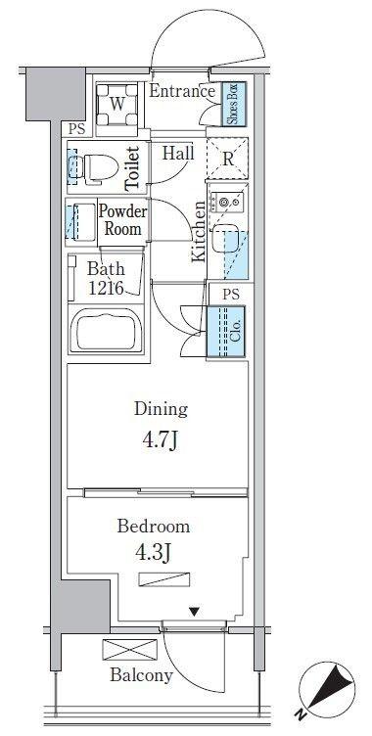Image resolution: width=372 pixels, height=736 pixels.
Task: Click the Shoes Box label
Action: (x=234, y=104)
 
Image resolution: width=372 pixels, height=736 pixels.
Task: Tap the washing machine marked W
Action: (x=116, y=105)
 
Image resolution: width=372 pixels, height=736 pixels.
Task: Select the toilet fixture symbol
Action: (x=93, y=166)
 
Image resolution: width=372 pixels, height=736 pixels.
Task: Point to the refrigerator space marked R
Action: (x=228, y=159)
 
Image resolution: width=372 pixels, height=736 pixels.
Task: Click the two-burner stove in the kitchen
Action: (x=227, y=203)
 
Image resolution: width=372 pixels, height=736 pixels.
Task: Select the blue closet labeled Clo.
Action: (x=226, y=332)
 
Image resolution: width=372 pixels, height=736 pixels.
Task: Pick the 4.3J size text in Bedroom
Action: (x=152, y=553)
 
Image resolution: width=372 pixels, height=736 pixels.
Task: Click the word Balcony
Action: (x=141, y=675)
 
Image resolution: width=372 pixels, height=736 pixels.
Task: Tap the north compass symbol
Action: (x=326, y=689)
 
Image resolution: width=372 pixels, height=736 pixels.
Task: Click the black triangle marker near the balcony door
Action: (x=195, y=612)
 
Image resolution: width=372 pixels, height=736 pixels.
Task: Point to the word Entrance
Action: (x=182, y=91)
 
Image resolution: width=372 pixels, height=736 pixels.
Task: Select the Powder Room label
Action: (x=122, y=220)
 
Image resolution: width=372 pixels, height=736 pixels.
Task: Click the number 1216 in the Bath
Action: (x=107, y=288)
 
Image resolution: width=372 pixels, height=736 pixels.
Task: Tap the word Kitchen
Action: (x=199, y=231)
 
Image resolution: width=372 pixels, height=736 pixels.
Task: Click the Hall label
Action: (x=178, y=153)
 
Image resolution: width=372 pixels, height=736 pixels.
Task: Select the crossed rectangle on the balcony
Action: (x=130, y=650)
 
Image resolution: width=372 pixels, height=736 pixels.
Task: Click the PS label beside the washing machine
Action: (x=76, y=129)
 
